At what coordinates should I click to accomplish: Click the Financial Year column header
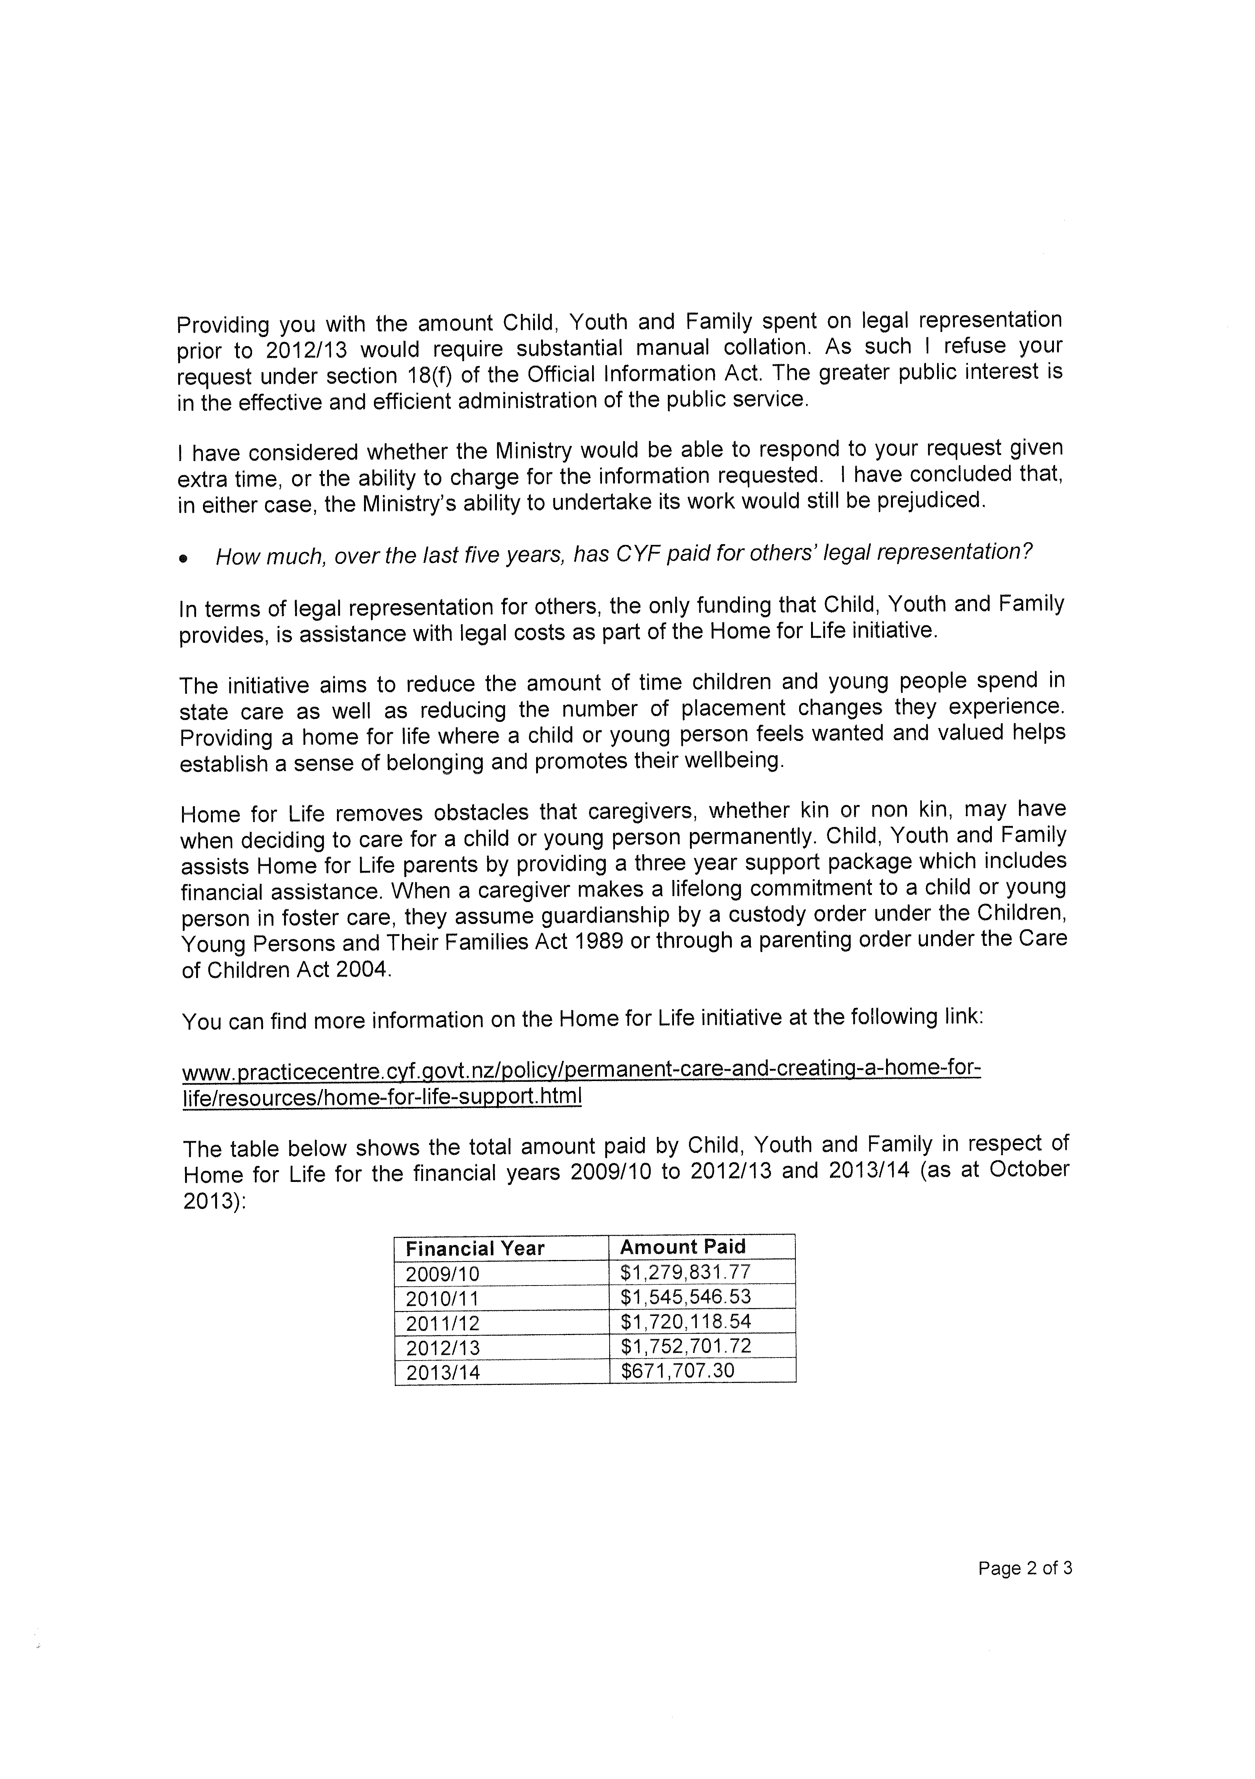click(475, 1248)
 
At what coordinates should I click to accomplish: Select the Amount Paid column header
click(682, 1247)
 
